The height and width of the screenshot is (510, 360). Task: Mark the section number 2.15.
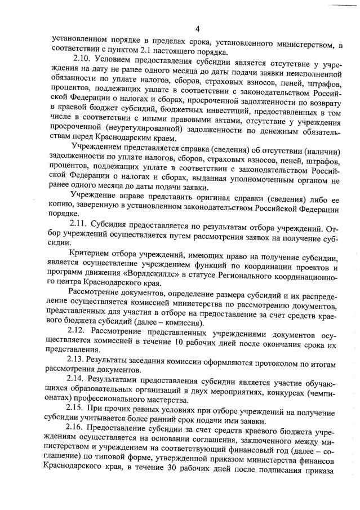click(x=76, y=408)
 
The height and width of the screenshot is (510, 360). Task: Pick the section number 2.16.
click(x=76, y=427)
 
